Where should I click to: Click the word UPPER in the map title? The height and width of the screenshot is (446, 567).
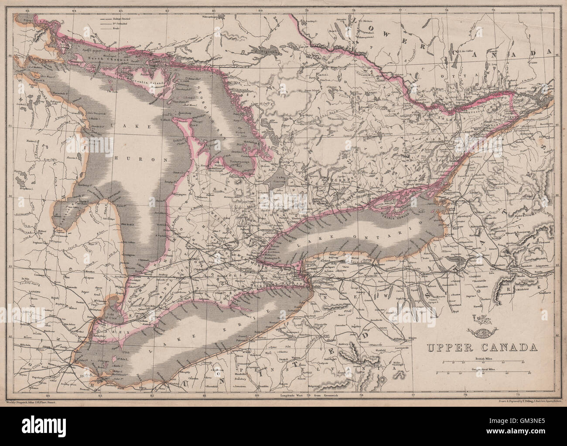(447, 347)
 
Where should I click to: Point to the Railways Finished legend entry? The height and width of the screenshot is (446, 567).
(111, 20)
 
